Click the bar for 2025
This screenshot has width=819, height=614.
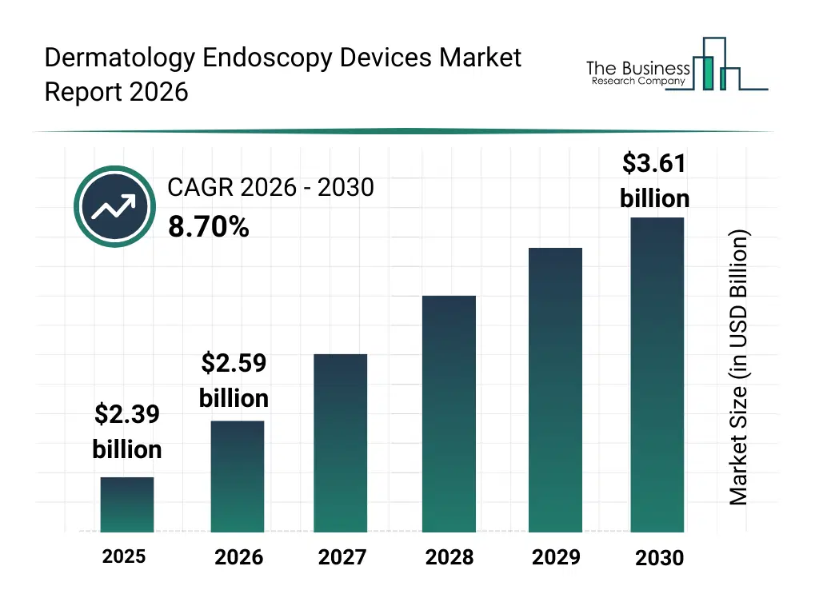(x=127, y=504)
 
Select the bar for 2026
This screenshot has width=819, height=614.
(x=238, y=476)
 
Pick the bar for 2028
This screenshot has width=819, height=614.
(x=449, y=413)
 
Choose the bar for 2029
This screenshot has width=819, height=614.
(x=556, y=389)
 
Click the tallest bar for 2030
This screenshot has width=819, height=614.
(x=657, y=374)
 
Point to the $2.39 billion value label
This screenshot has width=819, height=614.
(x=127, y=432)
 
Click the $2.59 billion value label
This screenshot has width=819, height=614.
(x=234, y=381)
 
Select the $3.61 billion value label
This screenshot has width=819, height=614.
(x=654, y=181)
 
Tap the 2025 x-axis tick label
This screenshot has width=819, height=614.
(x=124, y=556)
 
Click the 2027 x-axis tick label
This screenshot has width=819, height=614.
(x=342, y=557)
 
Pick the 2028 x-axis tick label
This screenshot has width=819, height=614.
(x=449, y=557)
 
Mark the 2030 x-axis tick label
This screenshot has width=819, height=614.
(x=659, y=558)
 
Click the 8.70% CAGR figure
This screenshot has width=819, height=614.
(x=208, y=227)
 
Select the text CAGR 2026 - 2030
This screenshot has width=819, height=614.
(x=270, y=187)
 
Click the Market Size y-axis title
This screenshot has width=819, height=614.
(x=739, y=368)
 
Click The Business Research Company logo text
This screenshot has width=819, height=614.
(x=637, y=73)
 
